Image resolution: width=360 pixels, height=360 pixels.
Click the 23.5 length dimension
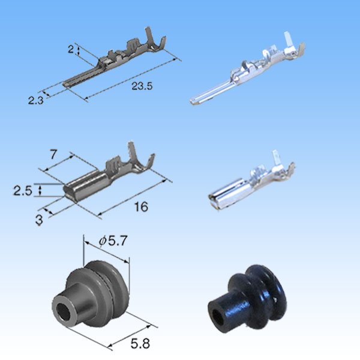tap(142, 86)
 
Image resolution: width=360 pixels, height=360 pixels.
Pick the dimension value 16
tap(141, 206)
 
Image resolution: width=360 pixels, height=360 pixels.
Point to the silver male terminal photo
tap(246, 75)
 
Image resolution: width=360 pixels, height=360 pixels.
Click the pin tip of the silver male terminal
tap(194, 103)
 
